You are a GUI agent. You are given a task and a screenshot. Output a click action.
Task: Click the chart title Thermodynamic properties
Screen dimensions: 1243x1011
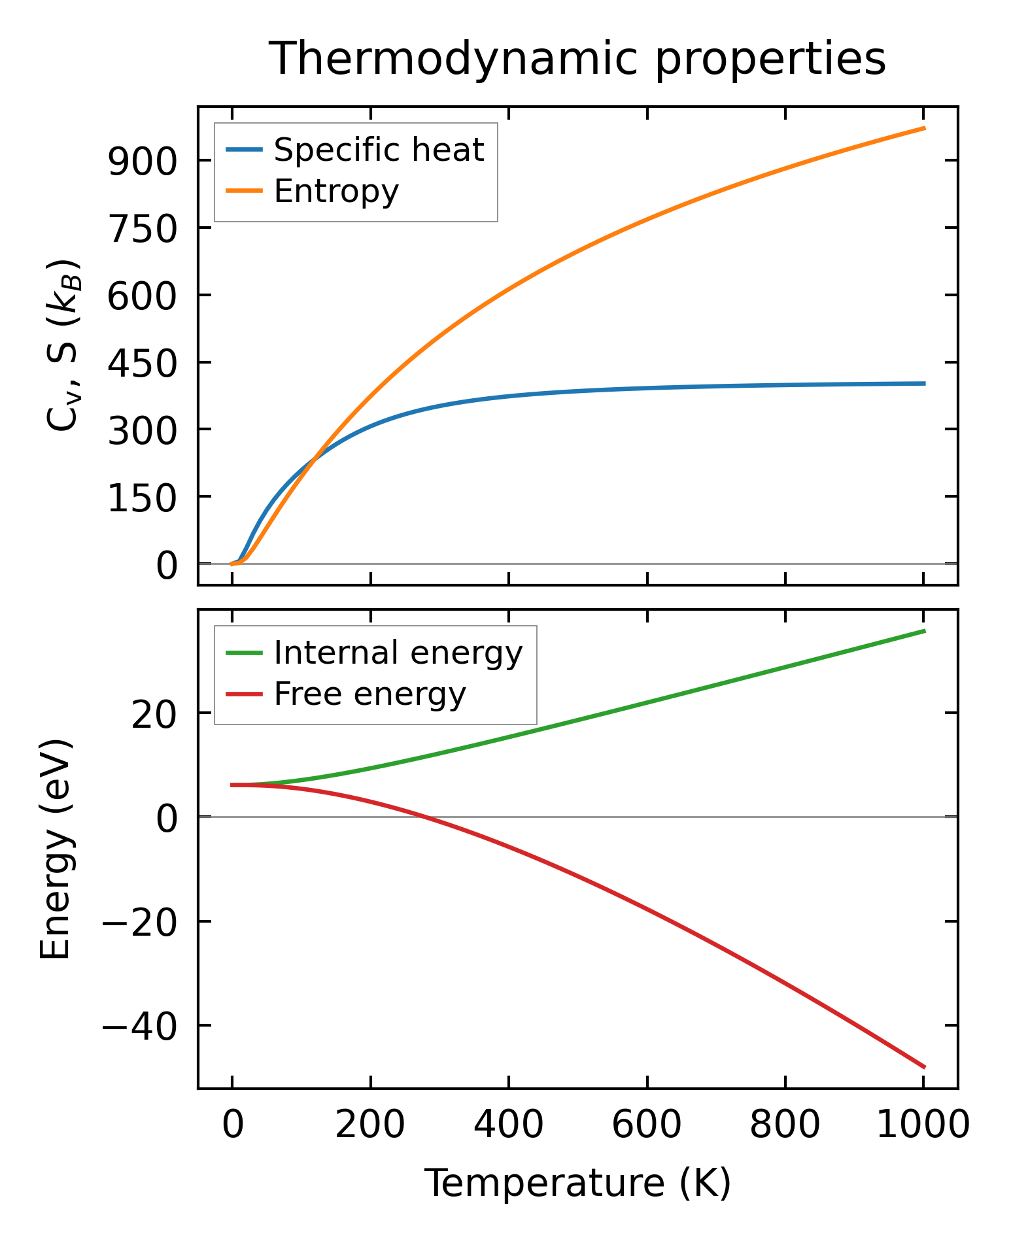pyautogui.click(x=577, y=59)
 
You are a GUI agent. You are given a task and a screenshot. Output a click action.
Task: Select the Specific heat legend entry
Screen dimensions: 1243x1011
pyautogui.click(x=379, y=150)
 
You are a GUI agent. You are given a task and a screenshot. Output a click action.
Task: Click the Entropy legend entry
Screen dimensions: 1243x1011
pyautogui.click(x=336, y=191)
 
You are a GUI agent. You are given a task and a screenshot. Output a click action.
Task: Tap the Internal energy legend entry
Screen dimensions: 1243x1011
pyautogui.click(x=398, y=653)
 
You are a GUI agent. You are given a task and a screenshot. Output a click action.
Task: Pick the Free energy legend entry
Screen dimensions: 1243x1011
pyautogui.click(x=369, y=694)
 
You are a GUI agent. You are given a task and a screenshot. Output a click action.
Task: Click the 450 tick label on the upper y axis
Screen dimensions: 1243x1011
pyautogui.click(x=143, y=362)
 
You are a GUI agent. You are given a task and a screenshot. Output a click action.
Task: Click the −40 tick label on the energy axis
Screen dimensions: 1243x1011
pyautogui.click(x=139, y=1026)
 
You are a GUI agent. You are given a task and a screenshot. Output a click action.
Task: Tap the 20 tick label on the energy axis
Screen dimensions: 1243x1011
pyautogui.click(x=154, y=713)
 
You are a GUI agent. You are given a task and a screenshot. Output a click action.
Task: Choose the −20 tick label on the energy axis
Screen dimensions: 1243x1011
pyautogui.click(x=139, y=922)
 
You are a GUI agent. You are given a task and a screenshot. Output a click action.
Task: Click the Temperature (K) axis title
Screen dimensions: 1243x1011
pyautogui.click(x=577, y=1183)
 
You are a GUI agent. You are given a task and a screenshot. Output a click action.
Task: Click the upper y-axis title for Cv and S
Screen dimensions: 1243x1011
pyautogui.click(x=63, y=345)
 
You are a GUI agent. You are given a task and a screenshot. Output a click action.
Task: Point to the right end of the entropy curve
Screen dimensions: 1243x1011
pyautogui.click(x=924, y=128)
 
